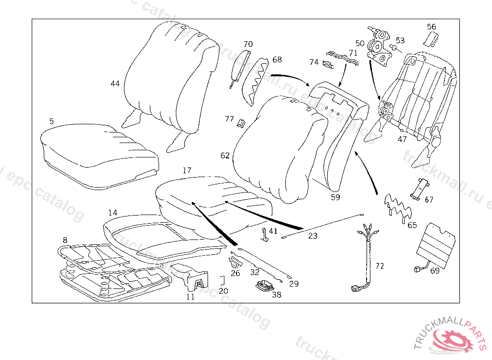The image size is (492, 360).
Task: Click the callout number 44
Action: (115, 84)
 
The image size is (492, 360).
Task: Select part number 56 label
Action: (431, 27)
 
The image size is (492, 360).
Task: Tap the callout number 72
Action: (380, 265)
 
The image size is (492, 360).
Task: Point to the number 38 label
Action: (276, 295)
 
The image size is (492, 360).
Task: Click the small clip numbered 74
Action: (329, 64)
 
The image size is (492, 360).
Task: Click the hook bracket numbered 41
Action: (264, 235)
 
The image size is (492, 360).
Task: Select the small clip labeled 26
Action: (235, 262)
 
